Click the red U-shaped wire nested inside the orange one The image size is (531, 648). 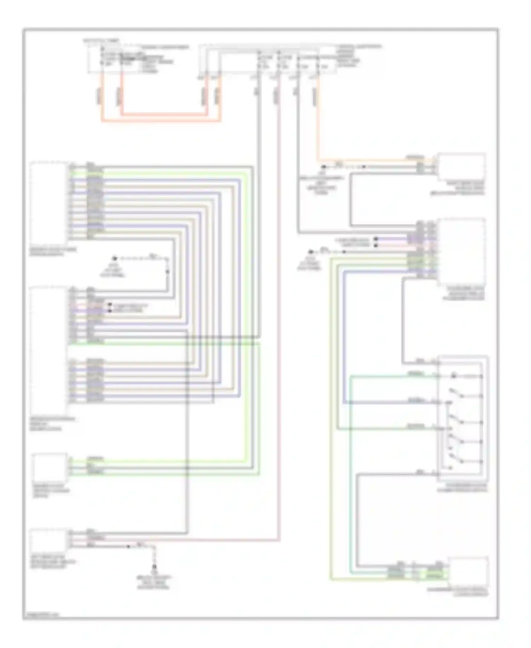click(x=163, y=114)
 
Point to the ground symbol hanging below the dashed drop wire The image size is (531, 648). click(x=154, y=567)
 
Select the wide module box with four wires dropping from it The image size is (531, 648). click(x=269, y=60)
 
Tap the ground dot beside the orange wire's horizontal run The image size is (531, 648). click(x=323, y=167)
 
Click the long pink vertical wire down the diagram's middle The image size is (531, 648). click(x=279, y=319)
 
